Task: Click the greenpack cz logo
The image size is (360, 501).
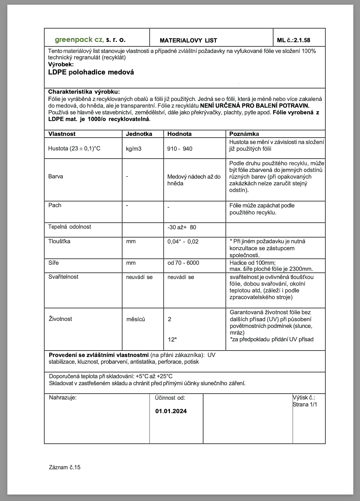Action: coord(90,40)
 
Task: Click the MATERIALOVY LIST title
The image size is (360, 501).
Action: coord(188,40)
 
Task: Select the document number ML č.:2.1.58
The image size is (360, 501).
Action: coord(293,40)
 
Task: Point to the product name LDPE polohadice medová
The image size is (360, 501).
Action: coord(91,72)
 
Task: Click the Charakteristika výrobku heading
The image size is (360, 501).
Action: coord(84,92)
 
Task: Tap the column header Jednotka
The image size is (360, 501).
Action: coord(139,134)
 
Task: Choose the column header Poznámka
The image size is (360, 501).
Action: coord(244,134)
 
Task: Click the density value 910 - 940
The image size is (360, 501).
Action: coord(180,149)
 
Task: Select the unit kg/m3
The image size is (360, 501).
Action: coord(133,149)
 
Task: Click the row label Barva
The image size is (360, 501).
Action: coord(56,176)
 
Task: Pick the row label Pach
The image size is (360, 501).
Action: coord(55,205)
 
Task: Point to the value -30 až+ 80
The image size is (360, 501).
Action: coord(182,227)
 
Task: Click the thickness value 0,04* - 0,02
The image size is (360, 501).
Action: coord(183,241)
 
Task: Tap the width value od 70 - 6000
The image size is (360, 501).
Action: coord(183,263)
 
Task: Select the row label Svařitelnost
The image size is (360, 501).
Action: coord(63,277)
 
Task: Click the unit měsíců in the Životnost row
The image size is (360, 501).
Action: coord(136,319)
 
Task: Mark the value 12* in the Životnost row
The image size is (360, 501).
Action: coord(172,339)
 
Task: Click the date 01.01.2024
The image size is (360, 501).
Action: coord(171,411)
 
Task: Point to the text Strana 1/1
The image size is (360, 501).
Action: coord(305,404)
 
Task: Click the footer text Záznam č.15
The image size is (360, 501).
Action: coord(65,467)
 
